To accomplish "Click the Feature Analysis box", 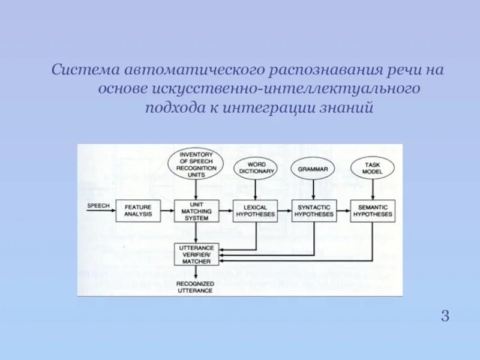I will [138, 211].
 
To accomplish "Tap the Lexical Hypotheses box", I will [255, 211].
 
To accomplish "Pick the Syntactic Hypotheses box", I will [314, 211].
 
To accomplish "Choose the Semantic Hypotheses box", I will [373, 211].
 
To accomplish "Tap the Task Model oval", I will [371, 167].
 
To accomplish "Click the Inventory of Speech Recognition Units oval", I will [196, 163].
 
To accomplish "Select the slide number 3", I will [445, 316].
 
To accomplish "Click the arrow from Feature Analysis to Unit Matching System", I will [167, 211].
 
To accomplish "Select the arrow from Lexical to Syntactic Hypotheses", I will [284, 211].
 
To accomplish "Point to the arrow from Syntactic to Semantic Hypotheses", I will [343, 211].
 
